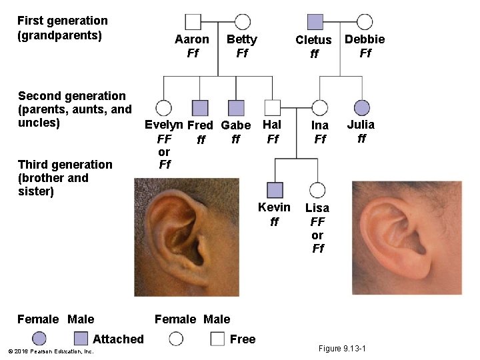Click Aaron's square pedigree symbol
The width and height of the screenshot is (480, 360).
coord(193,22)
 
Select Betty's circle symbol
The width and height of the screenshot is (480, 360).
coord(243,22)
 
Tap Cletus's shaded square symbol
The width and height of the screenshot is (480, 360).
coord(315,22)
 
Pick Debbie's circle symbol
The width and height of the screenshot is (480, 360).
coord(365,22)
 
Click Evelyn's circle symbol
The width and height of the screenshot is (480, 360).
coord(163,107)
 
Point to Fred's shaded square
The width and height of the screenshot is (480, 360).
coord(200,107)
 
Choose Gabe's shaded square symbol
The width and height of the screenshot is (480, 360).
coord(236,107)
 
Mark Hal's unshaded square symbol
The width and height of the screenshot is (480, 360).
coord(272,107)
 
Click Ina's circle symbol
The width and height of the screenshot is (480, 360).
coord(320,107)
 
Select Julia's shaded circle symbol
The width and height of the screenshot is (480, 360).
coord(361,107)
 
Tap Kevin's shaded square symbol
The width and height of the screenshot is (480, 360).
coord(275,189)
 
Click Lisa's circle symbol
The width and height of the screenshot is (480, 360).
coord(317,189)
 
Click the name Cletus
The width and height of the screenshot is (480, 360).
coord(313,40)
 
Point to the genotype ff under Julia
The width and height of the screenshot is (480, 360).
coord(361,139)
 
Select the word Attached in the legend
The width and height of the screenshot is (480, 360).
coord(118,339)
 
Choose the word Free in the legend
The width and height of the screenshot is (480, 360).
coord(243,339)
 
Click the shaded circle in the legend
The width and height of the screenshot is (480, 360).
coord(39,339)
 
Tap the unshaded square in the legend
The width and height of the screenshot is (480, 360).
coord(217,339)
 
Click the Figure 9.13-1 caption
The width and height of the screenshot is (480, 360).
coord(343,349)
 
